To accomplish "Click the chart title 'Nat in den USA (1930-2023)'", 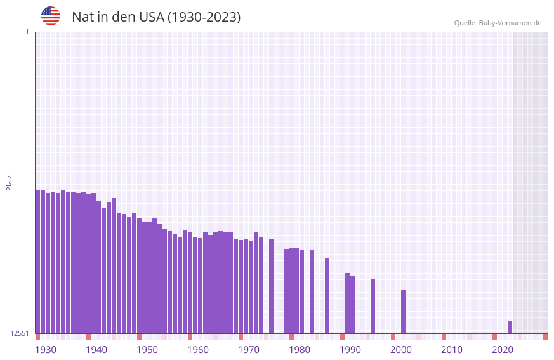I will pyautogui.click(x=156, y=17).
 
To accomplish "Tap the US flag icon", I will pyautogui.click(x=51, y=16).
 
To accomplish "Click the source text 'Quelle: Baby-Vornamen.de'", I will pyautogui.click(x=498, y=23).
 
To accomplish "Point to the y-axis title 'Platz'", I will pyautogui.click(x=9, y=182).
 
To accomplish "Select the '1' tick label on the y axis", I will pyautogui.click(x=27, y=32).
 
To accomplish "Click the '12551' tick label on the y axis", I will pyautogui.click(x=19, y=333).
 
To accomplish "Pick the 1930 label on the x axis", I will pyautogui.click(x=46, y=350).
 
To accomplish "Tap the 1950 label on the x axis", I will pyautogui.click(x=147, y=350).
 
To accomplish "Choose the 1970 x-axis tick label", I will pyautogui.click(x=249, y=350).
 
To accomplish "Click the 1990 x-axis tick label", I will pyautogui.click(x=350, y=350).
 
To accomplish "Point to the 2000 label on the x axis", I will pyautogui.click(x=401, y=350).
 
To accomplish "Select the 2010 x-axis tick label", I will pyautogui.click(x=452, y=350).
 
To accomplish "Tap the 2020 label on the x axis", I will pyautogui.click(x=503, y=350).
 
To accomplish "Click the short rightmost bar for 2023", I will pyautogui.click(x=510, y=328).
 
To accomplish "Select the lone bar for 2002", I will pyautogui.click(x=403, y=312).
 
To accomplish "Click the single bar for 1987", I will pyautogui.click(x=327, y=296).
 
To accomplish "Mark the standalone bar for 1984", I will pyautogui.click(x=312, y=291).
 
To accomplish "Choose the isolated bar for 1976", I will pyautogui.click(x=271, y=286).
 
